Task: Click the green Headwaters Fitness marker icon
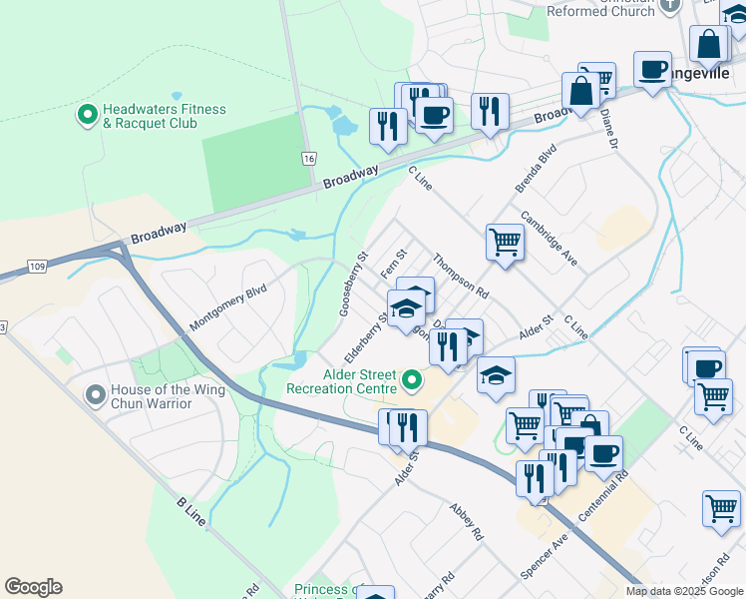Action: tap(87, 116)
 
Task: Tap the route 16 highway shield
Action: tap(309, 159)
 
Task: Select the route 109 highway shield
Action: tap(37, 267)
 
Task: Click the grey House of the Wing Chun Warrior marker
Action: tap(96, 396)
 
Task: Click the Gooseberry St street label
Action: tap(354, 284)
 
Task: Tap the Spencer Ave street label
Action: tap(544, 556)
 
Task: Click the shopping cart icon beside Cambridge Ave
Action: tap(505, 242)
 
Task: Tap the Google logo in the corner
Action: tap(33, 587)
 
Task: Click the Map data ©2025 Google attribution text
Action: tap(684, 591)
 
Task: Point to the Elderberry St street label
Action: tap(366, 339)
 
